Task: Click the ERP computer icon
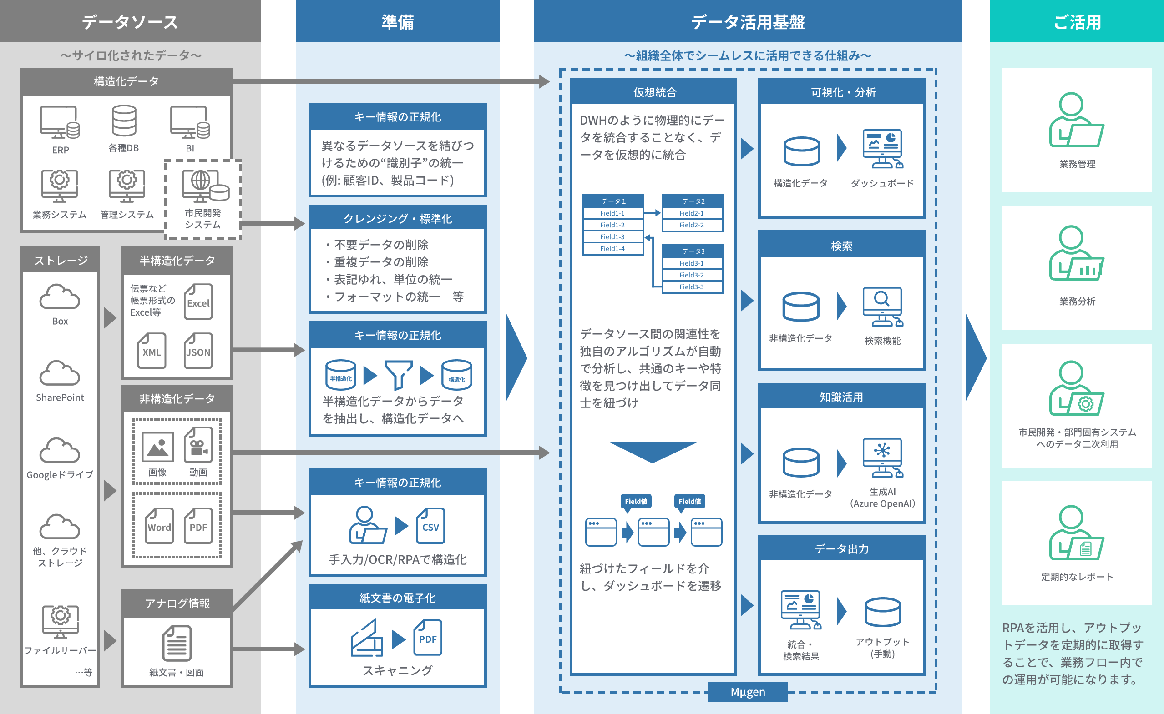60,122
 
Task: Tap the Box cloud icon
60,297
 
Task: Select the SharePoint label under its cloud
60,397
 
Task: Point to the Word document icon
159,526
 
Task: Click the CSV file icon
430,526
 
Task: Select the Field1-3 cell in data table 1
612,237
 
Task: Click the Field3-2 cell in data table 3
692,275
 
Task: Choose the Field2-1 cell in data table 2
692,213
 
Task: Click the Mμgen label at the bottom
748,692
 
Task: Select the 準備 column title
398,22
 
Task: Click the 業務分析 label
1077,301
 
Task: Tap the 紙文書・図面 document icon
177,643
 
